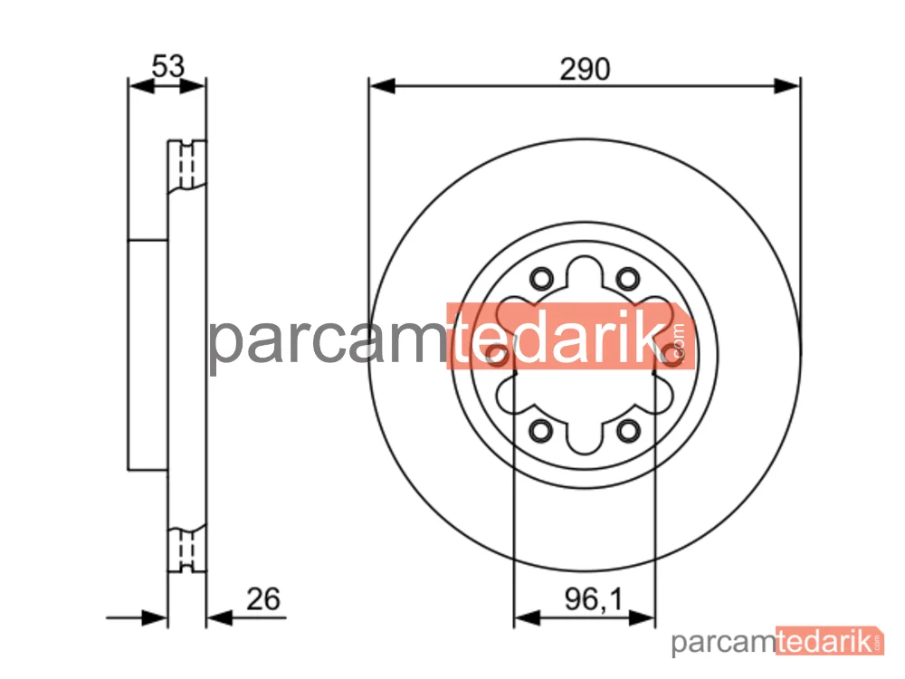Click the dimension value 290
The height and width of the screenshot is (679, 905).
pos(585,70)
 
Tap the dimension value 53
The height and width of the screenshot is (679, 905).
pos(168,66)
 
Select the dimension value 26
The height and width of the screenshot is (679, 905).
pos(263,598)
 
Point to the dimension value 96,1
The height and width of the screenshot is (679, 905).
pos(594,599)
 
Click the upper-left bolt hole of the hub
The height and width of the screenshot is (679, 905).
pos(541,279)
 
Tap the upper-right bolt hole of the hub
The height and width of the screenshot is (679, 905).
pos(627,279)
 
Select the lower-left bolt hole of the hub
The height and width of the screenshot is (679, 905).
pos(541,430)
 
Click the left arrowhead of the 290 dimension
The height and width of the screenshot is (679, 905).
pos(382,86)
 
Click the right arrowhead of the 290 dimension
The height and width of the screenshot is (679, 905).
pos(787,86)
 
